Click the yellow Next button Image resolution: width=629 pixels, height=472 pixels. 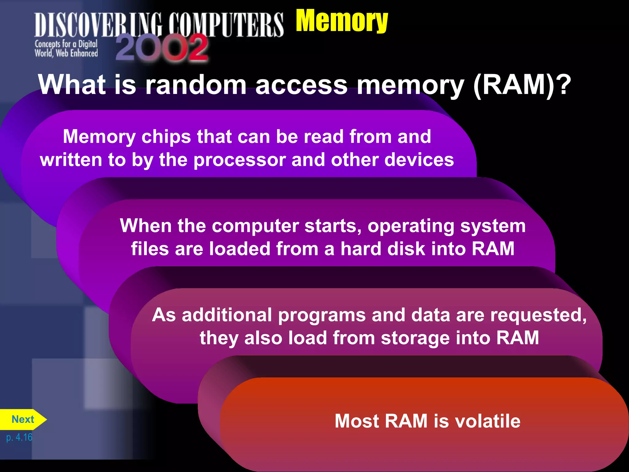pyautogui.click(x=23, y=419)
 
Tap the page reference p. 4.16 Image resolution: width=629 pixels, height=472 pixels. pyautogui.click(x=19, y=437)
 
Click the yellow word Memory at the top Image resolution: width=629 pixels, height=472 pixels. pyautogui.click(x=342, y=21)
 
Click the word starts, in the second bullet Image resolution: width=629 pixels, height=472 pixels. pyautogui.click(x=333, y=226)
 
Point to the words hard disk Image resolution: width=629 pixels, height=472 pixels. pyautogui.click(x=383, y=249)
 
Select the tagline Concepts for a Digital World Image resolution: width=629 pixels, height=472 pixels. pyautogui.click(x=66, y=49)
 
